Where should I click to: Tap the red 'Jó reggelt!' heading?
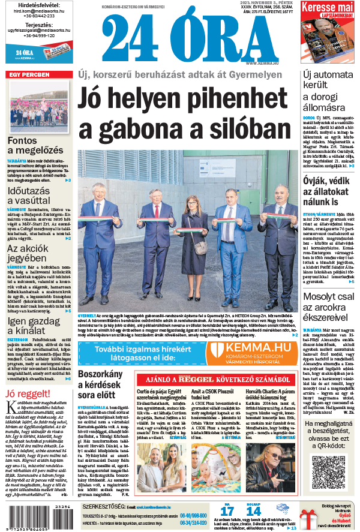coord(28,393)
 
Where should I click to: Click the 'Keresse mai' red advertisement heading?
coord(327,9)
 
